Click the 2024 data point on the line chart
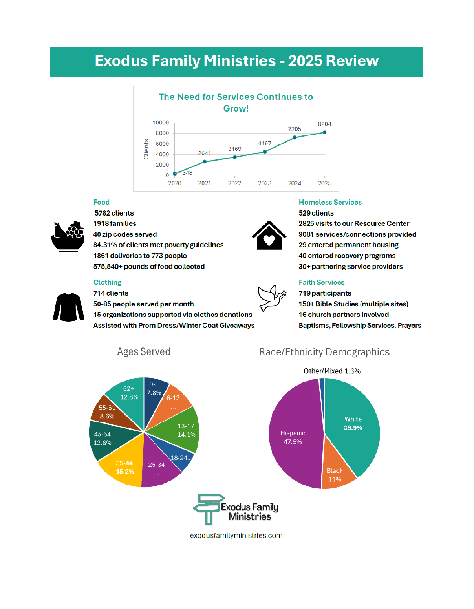coord(295,137)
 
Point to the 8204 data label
coord(324,124)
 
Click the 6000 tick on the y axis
coord(162,144)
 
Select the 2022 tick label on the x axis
coord(234,183)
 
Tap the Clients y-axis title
coord(146,149)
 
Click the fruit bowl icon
coord(68,236)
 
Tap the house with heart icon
coord(269,235)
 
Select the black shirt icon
coord(69,307)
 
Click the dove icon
coord(272,298)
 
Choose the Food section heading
coord(101,202)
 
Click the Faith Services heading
coord(321,282)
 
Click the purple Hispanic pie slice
coord(295,436)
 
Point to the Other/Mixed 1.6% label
coord(332,371)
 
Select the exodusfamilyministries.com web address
coord(236,536)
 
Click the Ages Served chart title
coord(144,351)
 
